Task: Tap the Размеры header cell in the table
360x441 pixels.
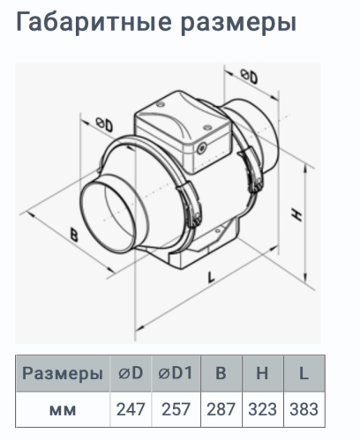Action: (x=62, y=373)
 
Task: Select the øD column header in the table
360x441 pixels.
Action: (x=131, y=373)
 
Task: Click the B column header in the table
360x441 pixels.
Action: (x=221, y=373)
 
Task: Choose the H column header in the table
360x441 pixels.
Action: (x=262, y=373)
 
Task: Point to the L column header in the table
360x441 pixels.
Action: (x=303, y=373)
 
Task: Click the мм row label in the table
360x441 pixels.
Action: (x=62, y=409)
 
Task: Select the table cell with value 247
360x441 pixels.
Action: (x=131, y=409)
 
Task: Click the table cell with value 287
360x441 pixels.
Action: (x=221, y=409)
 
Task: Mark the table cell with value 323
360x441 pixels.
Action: (x=262, y=409)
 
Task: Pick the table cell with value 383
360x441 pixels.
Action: (x=303, y=409)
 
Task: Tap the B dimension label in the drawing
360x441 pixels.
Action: (x=73, y=234)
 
